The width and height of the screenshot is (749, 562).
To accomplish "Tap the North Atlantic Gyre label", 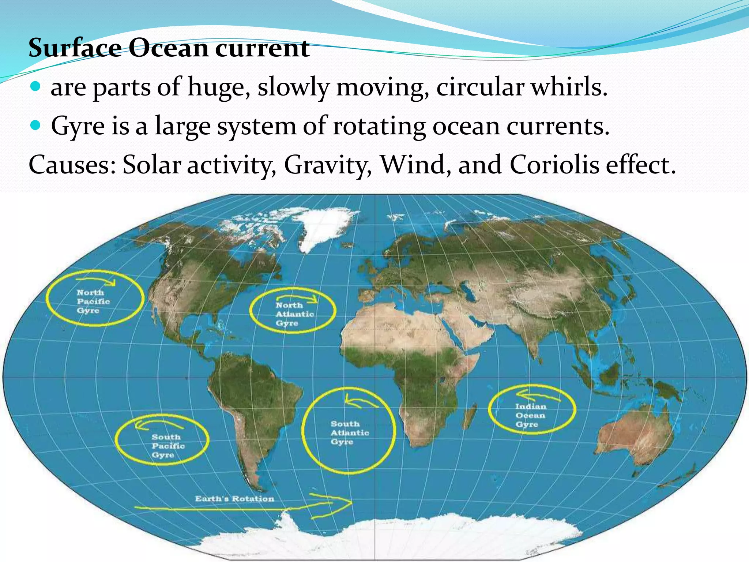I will [294, 314].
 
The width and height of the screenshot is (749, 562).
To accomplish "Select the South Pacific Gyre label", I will [168, 446].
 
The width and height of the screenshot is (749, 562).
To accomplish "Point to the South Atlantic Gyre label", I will [349, 432].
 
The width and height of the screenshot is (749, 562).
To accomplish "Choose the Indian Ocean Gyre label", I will [530, 415].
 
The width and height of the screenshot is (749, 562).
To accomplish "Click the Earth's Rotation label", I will [234, 499].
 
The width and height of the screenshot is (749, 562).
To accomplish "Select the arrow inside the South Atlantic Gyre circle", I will [360, 402].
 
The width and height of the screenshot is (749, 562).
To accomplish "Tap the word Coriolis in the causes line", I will [554, 165].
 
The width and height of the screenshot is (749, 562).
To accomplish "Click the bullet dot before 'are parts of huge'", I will [35, 87].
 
